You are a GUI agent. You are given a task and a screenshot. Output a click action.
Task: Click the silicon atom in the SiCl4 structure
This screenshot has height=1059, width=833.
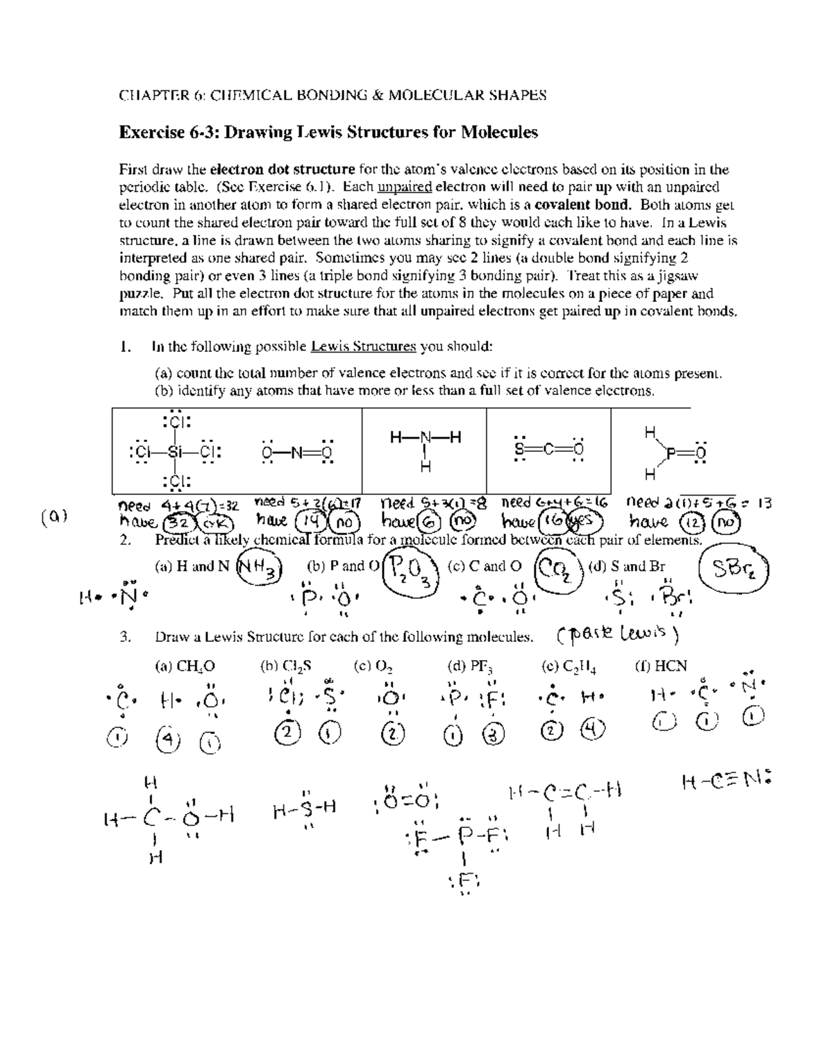point(177,452)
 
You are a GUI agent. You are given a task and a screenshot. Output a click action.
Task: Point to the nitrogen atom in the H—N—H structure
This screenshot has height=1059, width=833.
point(425,438)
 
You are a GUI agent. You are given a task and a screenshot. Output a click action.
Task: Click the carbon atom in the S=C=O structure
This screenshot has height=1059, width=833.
point(548,451)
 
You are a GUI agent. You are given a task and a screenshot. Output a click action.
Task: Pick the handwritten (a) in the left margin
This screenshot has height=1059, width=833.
point(56,516)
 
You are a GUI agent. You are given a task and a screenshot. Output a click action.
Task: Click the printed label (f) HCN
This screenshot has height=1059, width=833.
point(661,666)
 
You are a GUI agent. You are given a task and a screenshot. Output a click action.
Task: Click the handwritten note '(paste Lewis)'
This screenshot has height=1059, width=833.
point(618,634)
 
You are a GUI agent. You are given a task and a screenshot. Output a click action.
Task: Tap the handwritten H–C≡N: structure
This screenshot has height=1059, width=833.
point(726,783)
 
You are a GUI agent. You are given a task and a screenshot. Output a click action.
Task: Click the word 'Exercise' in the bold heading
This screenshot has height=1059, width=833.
point(149,133)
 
